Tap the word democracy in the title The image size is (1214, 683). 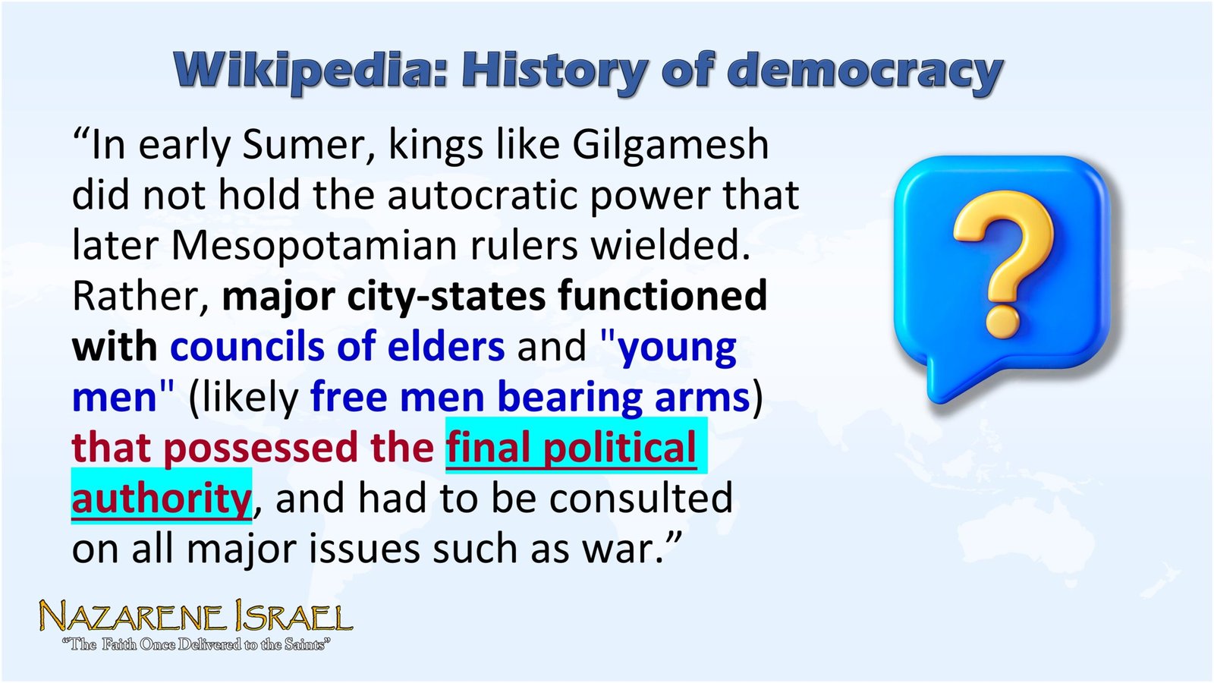[865, 72]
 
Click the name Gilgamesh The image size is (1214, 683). [671, 144]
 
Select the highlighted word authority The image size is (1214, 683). [161, 499]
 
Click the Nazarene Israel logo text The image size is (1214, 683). [196, 618]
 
